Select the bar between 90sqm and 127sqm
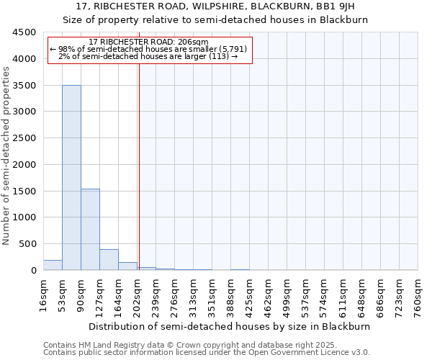pos(90,230)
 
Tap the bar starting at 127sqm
pos(109,260)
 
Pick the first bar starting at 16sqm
pos(53,265)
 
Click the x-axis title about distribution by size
pos(230,326)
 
